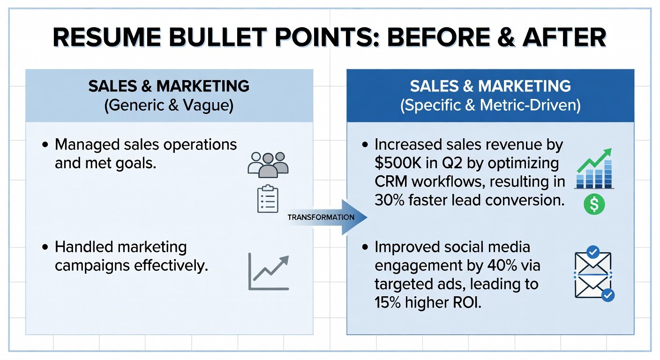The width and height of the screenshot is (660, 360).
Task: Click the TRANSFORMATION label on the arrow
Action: [321, 217]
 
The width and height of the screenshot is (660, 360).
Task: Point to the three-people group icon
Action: [268, 165]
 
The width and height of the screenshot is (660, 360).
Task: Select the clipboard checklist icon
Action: [268, 199]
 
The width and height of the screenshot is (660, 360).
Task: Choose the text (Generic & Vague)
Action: [169, 105]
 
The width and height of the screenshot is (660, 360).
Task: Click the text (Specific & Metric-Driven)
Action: [490, 105]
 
